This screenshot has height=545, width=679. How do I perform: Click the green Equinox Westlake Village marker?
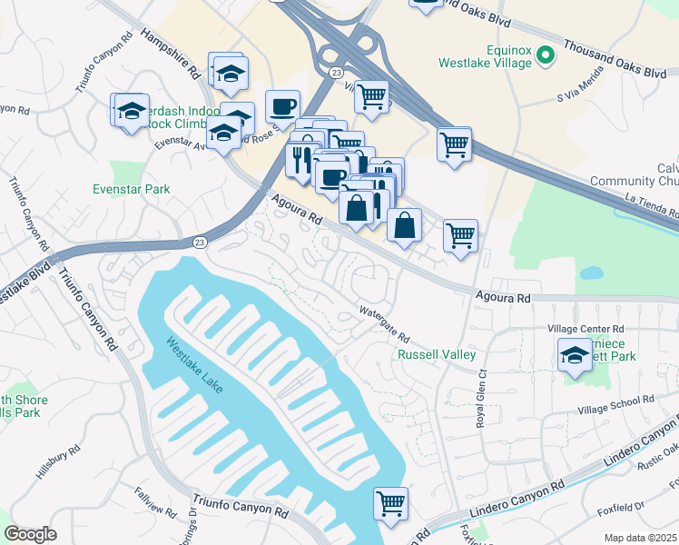pos(545,56)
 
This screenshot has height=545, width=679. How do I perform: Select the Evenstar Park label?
pos(132,189)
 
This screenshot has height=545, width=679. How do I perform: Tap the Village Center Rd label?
pos(586,328)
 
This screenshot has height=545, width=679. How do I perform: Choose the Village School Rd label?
pos(616,400)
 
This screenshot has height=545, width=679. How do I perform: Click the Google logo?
pos(30,534)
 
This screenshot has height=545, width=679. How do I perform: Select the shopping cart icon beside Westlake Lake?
pos(390,502)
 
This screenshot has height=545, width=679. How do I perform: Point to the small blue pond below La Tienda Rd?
pos(591,272)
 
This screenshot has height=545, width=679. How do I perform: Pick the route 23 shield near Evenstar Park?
pos(199,242)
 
